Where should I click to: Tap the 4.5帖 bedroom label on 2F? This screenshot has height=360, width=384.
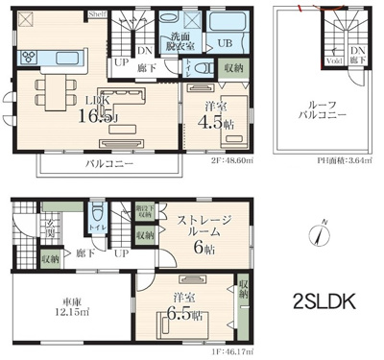click(209, 115)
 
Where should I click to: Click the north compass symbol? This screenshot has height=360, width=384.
click(323, 232)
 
